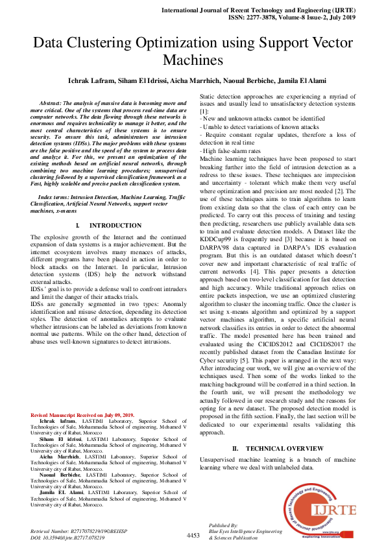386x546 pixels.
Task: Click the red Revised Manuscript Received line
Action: coord(82,414)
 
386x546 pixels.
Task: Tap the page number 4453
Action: coord(193,535)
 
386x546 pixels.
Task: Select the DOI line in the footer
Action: coord(68,538)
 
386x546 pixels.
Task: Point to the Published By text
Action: coord(223,525)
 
